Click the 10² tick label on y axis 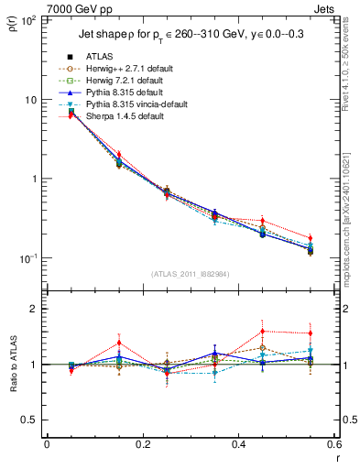pos(29,20)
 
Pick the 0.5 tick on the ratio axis pos(31,420)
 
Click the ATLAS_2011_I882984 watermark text pos(189,273)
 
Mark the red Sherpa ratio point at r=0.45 pos(263,332)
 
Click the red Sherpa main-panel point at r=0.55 pos(311,239)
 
